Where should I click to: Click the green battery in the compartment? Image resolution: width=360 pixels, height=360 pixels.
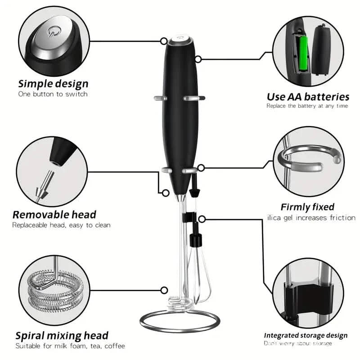(303, 54)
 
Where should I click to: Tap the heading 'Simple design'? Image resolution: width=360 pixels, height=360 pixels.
(53, 83)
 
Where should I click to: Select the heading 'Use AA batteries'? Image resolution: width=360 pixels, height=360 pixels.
(308, 96)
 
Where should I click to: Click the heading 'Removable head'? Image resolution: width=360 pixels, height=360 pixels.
(54, 215)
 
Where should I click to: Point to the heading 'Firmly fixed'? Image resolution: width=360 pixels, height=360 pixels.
(307, 207)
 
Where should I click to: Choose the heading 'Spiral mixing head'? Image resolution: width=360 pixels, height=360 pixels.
(62, 335)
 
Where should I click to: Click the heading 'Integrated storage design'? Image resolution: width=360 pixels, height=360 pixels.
(306, 335)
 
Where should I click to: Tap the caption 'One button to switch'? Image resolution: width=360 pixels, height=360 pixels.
(53, 94)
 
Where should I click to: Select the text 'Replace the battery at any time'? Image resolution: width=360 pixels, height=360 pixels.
(307, 106)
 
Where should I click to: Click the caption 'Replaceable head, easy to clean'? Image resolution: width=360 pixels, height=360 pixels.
(61, 225)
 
